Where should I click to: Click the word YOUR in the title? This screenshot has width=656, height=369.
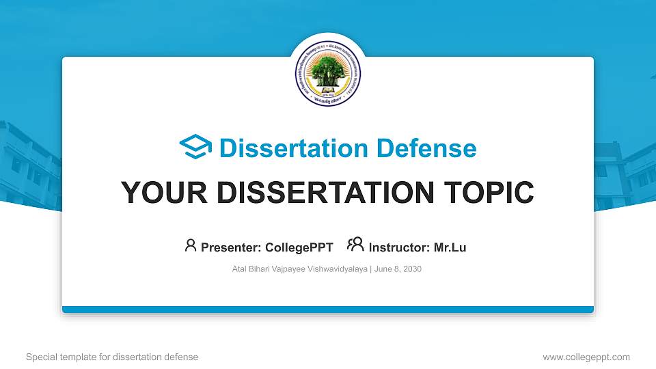(160, 193)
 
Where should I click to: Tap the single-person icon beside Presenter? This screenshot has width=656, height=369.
(191, 245)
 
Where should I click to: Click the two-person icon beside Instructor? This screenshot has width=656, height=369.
(355, 245)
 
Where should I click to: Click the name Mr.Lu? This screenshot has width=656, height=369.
(450, 247)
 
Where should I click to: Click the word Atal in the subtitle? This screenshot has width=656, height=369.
(240, 269)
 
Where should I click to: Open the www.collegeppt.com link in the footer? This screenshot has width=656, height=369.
(586, 357)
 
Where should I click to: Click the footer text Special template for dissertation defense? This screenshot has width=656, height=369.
(111, 357)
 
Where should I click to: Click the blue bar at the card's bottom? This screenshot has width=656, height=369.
(328, 310)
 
